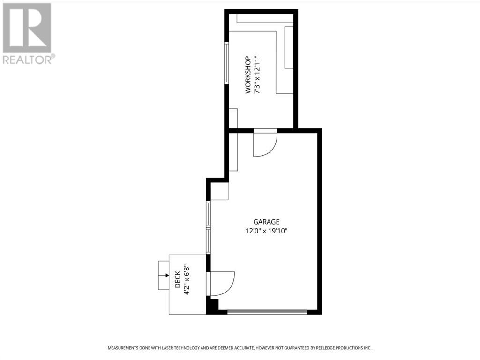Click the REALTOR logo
(x=27, y=33)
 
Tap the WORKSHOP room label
(x=248, y=75)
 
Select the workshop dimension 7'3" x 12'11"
(x=257, y=75)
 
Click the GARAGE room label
(x=266, y=222)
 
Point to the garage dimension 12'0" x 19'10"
(x=266, y=231)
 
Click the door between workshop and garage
(x=265, y=143)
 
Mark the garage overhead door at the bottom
(x=267, y=312)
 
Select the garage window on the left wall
(x=209, y=228)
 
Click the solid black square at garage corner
(x=212, y=306)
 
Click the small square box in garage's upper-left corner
(x=219, y=191)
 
